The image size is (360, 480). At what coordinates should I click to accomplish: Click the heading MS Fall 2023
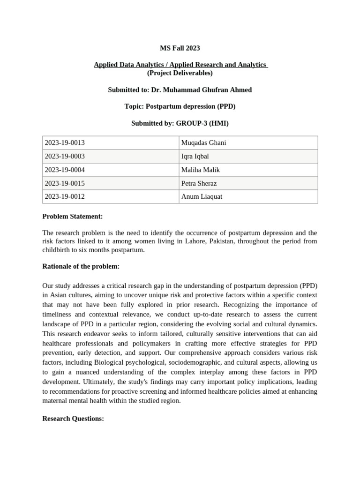(x=180, y=48)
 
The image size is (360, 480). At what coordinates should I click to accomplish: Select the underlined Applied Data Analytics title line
(x=180, y=65)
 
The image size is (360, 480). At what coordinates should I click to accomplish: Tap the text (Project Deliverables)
(x=180, y=73)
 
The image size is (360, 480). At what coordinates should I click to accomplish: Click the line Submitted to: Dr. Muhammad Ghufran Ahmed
(x=180, y=90)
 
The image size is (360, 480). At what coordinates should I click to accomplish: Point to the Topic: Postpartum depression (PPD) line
(x=180, y=106)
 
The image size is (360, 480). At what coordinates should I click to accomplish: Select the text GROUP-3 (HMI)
(x=202, y=123)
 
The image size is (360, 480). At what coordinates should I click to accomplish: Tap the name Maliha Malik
(x=200, y=170)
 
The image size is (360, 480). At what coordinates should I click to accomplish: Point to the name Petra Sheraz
(x=199, y=183)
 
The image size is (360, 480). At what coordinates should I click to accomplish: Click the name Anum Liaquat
(x=202, y=196)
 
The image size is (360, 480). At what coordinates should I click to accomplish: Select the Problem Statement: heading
(x=72, y=216)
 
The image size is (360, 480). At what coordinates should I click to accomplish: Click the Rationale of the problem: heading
(x=81, y=266)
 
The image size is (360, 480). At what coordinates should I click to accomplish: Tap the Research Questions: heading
(x=73, y=418)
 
